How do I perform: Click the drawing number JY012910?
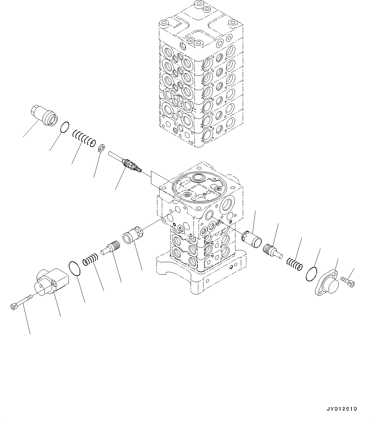point(342,409)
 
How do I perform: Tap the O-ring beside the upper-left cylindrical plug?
point(65,126)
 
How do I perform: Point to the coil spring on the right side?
point(294,263)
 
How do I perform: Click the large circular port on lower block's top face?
point(200,178)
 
